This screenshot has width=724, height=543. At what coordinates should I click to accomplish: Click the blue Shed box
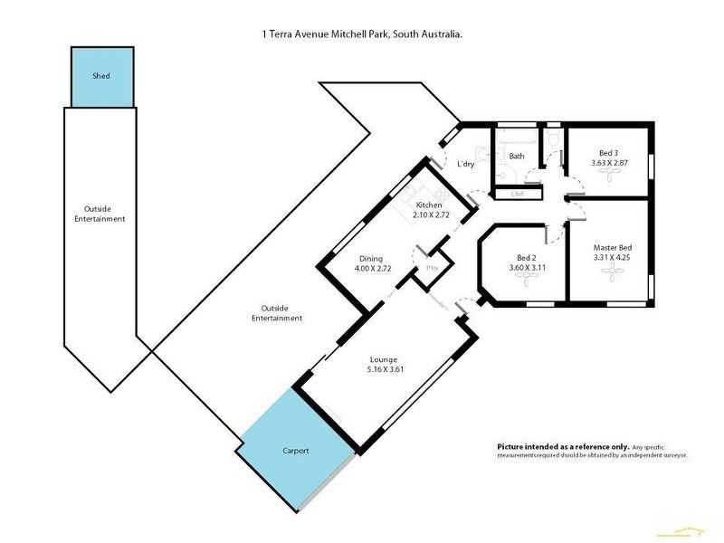pyautogui.click(x=101, y=76)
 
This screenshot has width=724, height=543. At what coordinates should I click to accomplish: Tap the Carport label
pyautogui.click(x=295, y=450)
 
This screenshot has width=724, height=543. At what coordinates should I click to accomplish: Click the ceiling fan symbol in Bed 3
pyautogui.click(x=608, y=178)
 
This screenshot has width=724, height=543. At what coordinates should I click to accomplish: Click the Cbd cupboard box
pyautogui.click(x=518, y=194)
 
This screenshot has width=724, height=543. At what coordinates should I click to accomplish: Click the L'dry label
pyautogui.click(x=465, y=164)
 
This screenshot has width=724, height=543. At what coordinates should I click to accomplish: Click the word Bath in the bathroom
pyautogui.click(x=517, y=157)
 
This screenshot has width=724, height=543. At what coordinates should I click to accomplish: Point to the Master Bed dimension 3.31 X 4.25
pyautogui.click(x=612, y=258)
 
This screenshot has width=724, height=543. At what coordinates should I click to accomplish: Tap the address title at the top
pyautogui.click(x=362, y=34)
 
